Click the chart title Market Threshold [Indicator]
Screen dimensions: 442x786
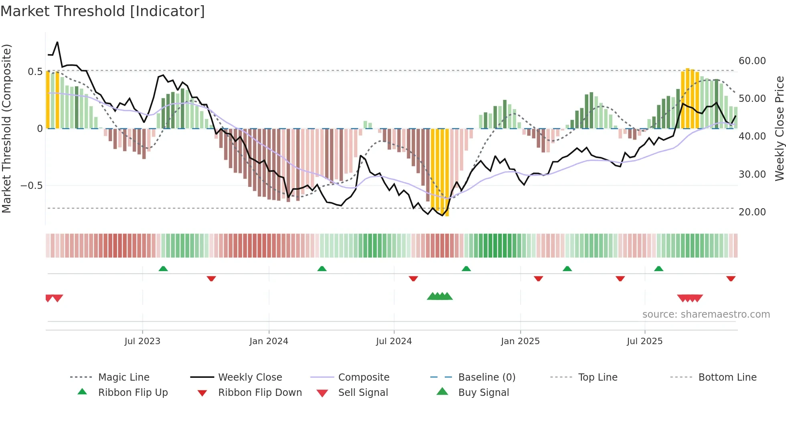pyautogui.click(x=103, y=11)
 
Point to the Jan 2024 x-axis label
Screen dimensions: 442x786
pyautogui.click(x=269, y=341)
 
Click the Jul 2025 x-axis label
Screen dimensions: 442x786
pyautogui.click(x=644, y=341)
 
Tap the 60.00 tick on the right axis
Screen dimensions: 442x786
pyautogui.click(x=752, y=61)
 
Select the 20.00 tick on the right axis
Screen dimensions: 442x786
pyautogui.click(x=752, y=212)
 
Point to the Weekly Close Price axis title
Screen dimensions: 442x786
pyautogui.click(x=779, y=128)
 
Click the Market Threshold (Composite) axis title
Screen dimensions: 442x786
pyautogui.click(x=6, y=128)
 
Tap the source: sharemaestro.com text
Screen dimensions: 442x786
pyautogui.click(x=706, y=314)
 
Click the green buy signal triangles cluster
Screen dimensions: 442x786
pyautogui.click(x=440, y=296)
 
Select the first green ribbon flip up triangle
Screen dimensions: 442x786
pyautogui.click(x=163, y=269)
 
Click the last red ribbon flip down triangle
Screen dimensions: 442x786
pyautogui.click(x=731, y=278)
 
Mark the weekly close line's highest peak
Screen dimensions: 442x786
pyautogui.click(x=57, y=42)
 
